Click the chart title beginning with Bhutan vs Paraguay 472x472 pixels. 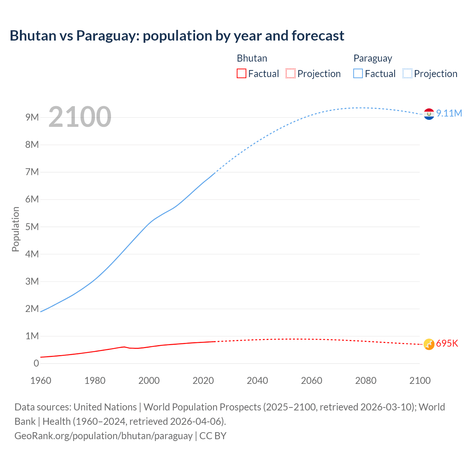177,36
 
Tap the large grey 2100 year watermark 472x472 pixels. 80,117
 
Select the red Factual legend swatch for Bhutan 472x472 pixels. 241,74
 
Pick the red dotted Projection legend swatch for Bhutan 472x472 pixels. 291,74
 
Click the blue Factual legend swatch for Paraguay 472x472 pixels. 358,74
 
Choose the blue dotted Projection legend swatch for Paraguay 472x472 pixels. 407,74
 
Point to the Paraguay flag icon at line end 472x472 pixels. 429,114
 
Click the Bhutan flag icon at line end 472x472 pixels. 429,344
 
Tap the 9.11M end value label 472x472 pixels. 449,113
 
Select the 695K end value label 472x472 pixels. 447,344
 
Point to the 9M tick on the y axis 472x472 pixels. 32,117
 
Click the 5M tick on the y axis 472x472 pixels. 32,227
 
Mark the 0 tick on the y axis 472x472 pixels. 36,364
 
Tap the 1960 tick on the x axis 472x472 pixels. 41,381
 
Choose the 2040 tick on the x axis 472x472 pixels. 257,381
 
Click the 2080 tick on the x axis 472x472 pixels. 366,381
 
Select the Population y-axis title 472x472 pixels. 15,229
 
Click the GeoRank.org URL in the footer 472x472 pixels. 104,436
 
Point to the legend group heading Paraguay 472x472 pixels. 372,58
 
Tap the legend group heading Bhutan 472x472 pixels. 252,58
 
